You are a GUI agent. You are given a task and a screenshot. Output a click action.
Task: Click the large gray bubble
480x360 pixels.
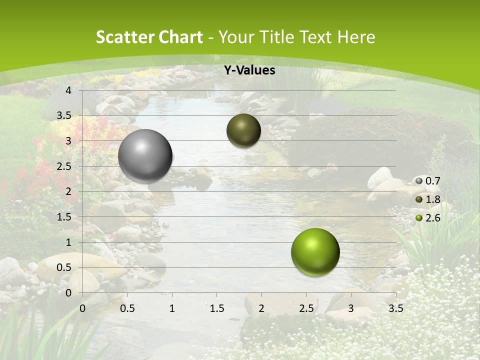[145, 156]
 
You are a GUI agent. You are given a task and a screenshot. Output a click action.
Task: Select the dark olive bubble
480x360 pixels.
[243, 130]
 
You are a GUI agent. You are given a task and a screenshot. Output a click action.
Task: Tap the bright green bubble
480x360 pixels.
[315, 252]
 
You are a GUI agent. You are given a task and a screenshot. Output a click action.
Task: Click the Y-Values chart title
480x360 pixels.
[249, 70]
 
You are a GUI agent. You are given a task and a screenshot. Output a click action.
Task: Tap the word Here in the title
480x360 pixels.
[355, 37]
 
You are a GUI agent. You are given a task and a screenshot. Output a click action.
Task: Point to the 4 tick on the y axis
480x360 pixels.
[68, 90]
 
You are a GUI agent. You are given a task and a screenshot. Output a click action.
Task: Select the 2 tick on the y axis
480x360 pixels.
[68, 191]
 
